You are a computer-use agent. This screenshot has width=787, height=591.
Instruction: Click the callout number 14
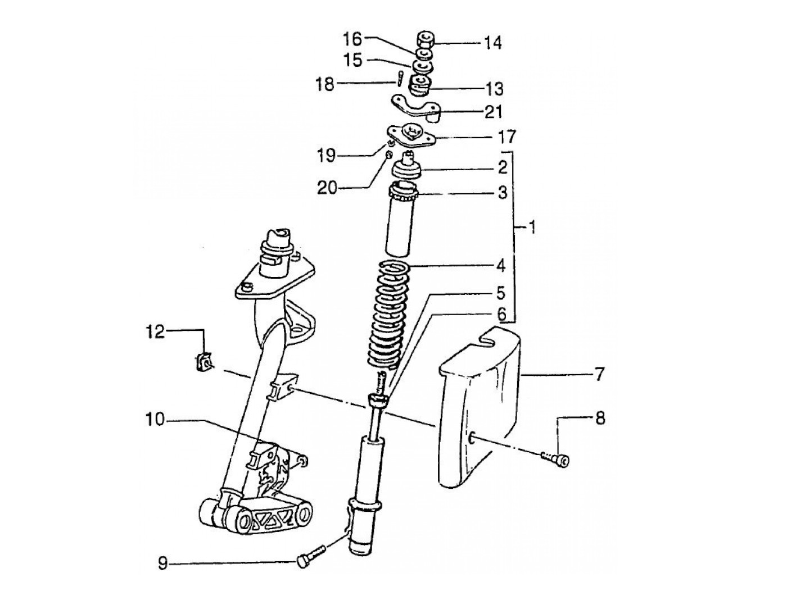tap(493, 43)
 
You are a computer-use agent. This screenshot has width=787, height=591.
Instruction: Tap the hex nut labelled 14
tap(425, 40)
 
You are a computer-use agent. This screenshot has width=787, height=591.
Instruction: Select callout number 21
tap(494, 112)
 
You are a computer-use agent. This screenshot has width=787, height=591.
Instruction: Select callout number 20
tap(327, 188)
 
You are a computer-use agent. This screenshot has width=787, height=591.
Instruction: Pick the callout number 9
tap(163, 563)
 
